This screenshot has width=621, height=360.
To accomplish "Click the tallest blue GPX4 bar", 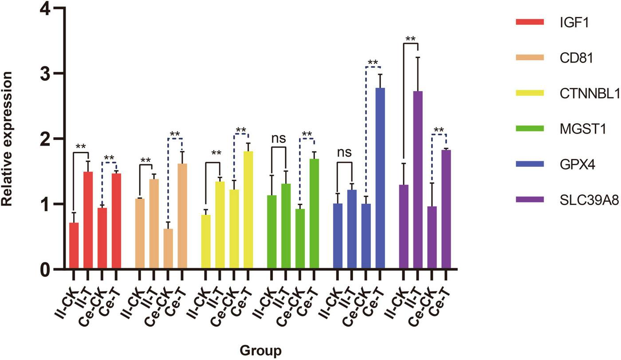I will point(379,178).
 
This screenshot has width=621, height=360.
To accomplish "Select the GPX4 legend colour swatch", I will point(531,164).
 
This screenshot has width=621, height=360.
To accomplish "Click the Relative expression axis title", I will point(8,138).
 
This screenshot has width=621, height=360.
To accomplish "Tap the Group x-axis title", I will point(260,351).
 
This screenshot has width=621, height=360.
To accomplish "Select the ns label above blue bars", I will point(344,152).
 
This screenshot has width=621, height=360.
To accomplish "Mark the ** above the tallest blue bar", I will point(373,62).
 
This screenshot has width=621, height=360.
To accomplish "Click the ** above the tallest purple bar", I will point(411,39).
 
